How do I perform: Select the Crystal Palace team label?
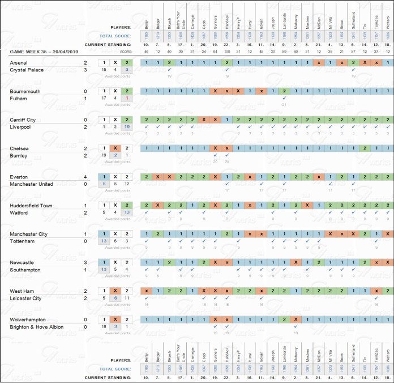tap(27, 70)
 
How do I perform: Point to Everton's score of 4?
tap(85, 177)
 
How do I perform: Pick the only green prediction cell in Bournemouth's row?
tap(284, 91)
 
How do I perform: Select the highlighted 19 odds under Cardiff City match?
tap(127, 127)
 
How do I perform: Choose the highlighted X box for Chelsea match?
tap(115, 148)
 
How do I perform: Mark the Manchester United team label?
tap(35, 184)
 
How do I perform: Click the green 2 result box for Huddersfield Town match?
tap(127, 205)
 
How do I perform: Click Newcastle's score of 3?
tap(85, 262)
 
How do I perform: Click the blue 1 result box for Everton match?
tap(103, 177)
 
